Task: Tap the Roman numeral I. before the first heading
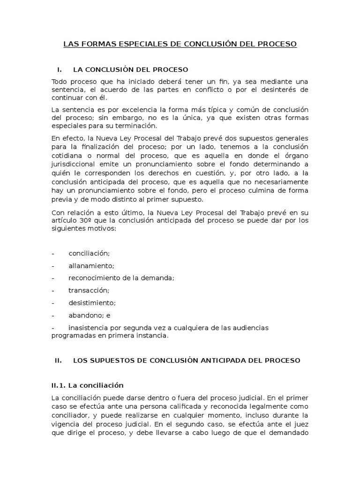[60, 70]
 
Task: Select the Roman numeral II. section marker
[59, 360]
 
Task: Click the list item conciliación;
[89, 254]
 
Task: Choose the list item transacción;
[89, 290]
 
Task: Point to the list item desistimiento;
[92, 303]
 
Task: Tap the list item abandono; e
[90, 315]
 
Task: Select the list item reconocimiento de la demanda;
[121, 278]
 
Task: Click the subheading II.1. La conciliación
[87, 385]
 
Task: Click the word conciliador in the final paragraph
[71, 415]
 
